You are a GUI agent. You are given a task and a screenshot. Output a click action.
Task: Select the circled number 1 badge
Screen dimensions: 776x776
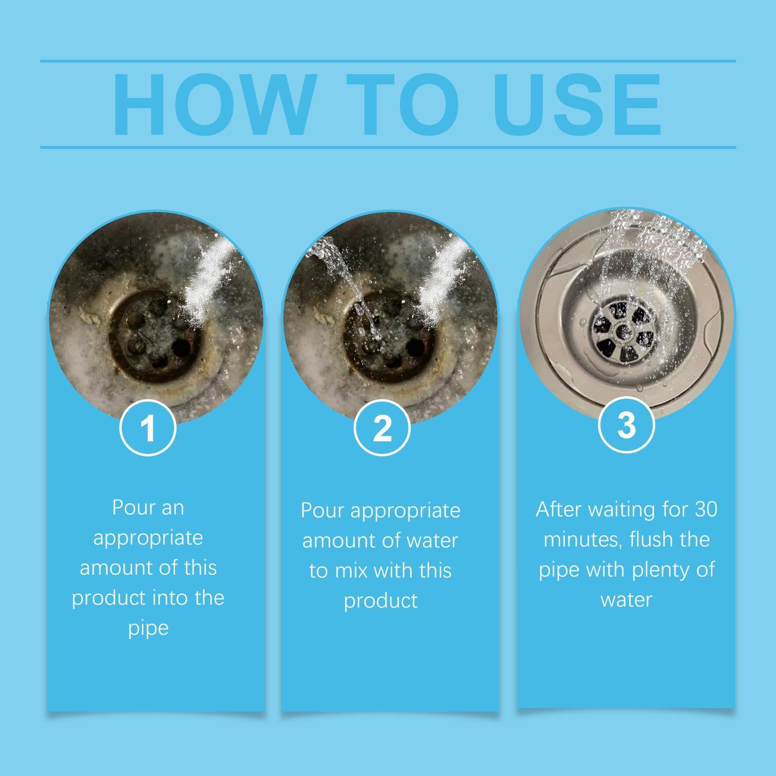[x=148, y=427]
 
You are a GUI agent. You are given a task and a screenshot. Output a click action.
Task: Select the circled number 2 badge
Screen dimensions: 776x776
[x=382, y=427]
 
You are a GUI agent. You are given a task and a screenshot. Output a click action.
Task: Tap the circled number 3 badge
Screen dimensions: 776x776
[x=626, y=424]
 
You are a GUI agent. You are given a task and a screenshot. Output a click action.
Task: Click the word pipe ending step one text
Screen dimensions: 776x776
[x=148, y=628]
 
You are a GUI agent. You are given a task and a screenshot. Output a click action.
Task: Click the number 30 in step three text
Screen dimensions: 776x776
[x=706, y=509]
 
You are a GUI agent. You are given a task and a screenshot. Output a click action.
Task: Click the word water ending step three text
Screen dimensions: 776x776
[x=626, y=599]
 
